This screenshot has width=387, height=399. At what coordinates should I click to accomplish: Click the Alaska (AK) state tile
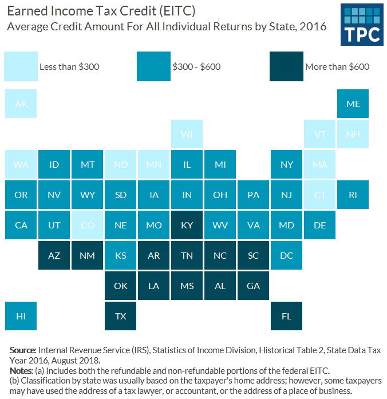coord(21,104)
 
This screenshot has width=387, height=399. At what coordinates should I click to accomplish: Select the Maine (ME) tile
coord(353,104)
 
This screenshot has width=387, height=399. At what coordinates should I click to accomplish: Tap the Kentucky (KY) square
coord(187,225)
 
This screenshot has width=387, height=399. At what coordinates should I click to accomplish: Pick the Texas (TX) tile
coord(120,316)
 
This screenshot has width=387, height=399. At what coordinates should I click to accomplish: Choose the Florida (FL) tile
coord(286,316)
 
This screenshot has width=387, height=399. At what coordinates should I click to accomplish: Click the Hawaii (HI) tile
coord(21,316)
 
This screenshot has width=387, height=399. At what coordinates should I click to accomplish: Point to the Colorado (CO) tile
coord(87,225)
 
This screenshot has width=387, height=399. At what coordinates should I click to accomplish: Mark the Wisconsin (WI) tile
coord(187,135)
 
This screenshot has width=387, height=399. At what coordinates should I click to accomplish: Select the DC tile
coord(286,255)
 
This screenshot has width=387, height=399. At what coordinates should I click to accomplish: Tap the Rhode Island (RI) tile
coord(353,195)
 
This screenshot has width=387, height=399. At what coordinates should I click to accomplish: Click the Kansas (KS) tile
coord(120,255)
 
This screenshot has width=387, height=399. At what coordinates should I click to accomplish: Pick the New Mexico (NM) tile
coord(87,255)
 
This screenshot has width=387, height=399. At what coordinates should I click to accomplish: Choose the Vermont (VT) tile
coord(319,135)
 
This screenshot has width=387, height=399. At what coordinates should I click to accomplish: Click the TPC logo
coord(362,25)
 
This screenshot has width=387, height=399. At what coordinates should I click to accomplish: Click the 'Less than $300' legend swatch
coord(20,66)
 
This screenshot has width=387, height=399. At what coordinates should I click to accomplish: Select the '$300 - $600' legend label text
coord(196,67)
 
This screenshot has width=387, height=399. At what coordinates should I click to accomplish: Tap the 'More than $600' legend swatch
coord(286,66)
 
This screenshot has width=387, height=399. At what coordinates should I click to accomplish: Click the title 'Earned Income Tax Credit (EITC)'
coord(100,11)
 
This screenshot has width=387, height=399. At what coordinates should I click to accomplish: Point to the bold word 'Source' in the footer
coord(22,350)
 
